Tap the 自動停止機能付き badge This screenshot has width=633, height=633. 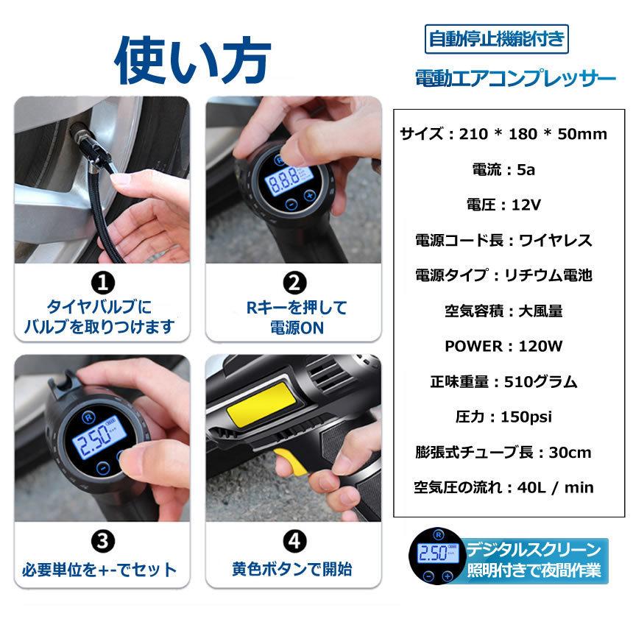click(498, 38)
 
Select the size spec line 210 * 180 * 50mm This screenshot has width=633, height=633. click(504, 134)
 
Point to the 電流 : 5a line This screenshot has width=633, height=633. click(503, 169)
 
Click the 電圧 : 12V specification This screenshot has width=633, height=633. click(504, 205)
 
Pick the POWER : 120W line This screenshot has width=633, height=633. click(504, 346)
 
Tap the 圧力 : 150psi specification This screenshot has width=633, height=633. click(504, 417)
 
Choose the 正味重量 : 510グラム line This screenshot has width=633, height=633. click(504, 381)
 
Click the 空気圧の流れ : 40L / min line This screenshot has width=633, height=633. click(504, 487)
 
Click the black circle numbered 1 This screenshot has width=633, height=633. click(102, 282)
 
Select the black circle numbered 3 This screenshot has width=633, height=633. click(102, 541)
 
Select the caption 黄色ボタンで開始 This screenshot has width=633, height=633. click(293, 569)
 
